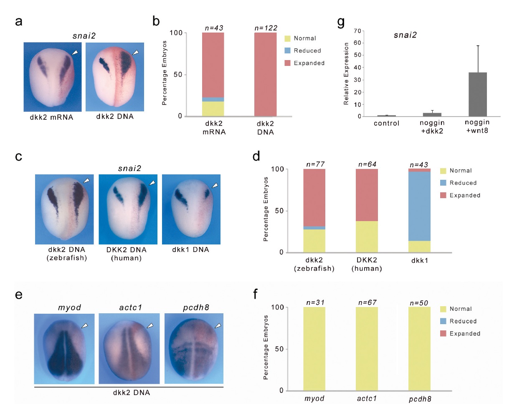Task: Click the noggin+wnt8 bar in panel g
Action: [x=477, y=95]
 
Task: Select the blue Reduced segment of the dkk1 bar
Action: [x=419, y=206]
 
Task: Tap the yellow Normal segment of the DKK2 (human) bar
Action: [x=367, y=237]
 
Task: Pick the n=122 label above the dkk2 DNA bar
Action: [x=266, y=28]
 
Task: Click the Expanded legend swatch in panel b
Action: [x=287, y=63]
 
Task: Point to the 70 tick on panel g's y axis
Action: [x=357, y=31]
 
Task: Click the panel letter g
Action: [x=341, y=22]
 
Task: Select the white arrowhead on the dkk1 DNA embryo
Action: [x=215, y=185]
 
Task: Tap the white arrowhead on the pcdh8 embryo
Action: [x=218, y=325]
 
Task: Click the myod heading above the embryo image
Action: [x=69, y=307]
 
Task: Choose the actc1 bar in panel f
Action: [x=367, y=349]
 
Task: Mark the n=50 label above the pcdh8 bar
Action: [x=419, y=303]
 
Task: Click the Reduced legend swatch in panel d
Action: [x=443, y=183]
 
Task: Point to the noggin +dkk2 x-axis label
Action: [x=432, y=127]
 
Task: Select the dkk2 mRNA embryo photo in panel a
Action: [x=52, y=77]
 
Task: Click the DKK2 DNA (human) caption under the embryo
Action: [x=126, y=254]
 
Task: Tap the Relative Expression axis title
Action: [x=346, y=74]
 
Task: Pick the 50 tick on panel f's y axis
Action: [x=279, y=349]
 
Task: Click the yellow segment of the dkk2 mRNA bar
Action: [x=213, y=108]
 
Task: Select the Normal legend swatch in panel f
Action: [x=443, y=309]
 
